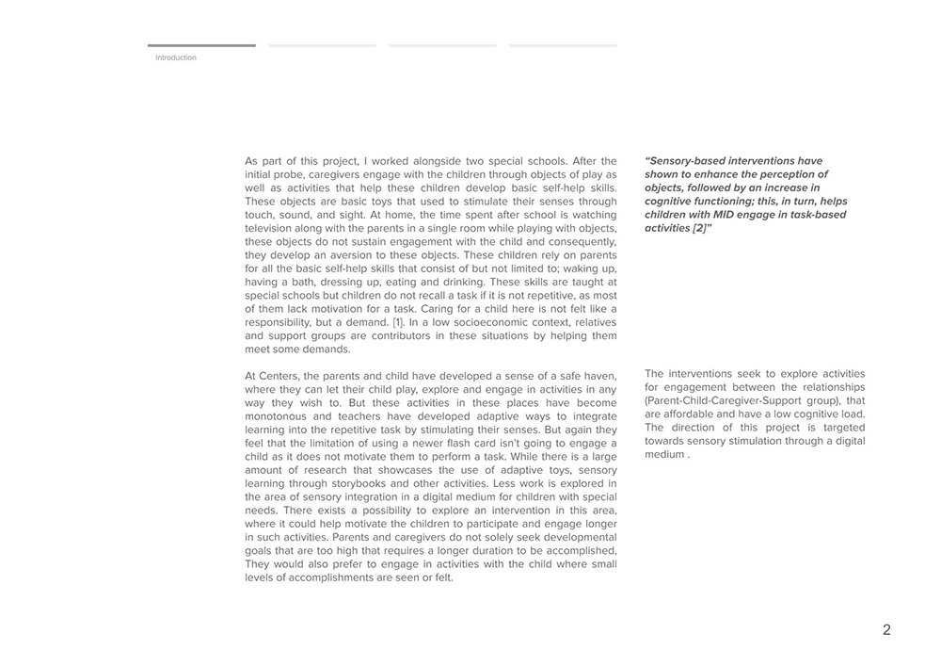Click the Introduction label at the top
[176, 58]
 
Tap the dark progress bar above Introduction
[201, 45]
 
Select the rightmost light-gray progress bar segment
[563, 45]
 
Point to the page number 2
[886, 630]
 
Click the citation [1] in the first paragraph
[398, 322]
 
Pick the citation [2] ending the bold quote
[696, 228]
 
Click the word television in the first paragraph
[271, 228]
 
